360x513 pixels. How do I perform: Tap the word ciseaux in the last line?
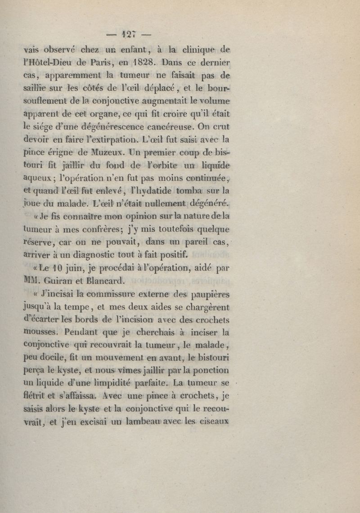[x=213, y=422]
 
